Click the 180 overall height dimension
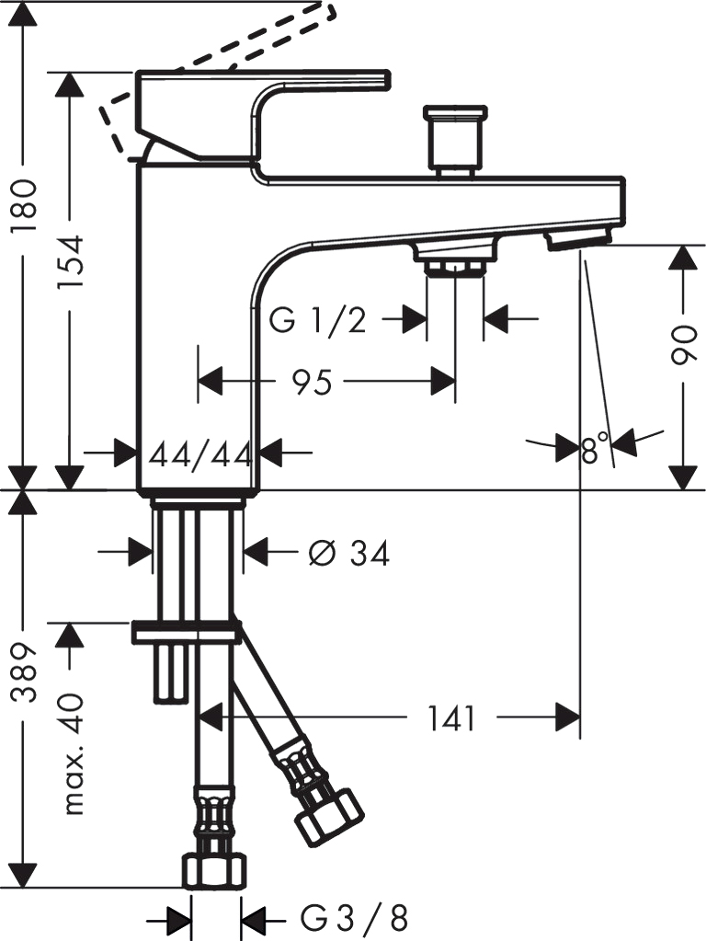coord(27,205)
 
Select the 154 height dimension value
coord(71,263)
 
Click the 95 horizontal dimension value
coord(312,381)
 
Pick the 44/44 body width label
coord(199,456)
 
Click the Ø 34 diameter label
coord(349,553)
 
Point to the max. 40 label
coord(71,755)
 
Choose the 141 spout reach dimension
coord(451,718)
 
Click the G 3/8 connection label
coord(354,918)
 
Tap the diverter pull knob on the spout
coord(455,141)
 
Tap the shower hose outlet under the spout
coord(455,257)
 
